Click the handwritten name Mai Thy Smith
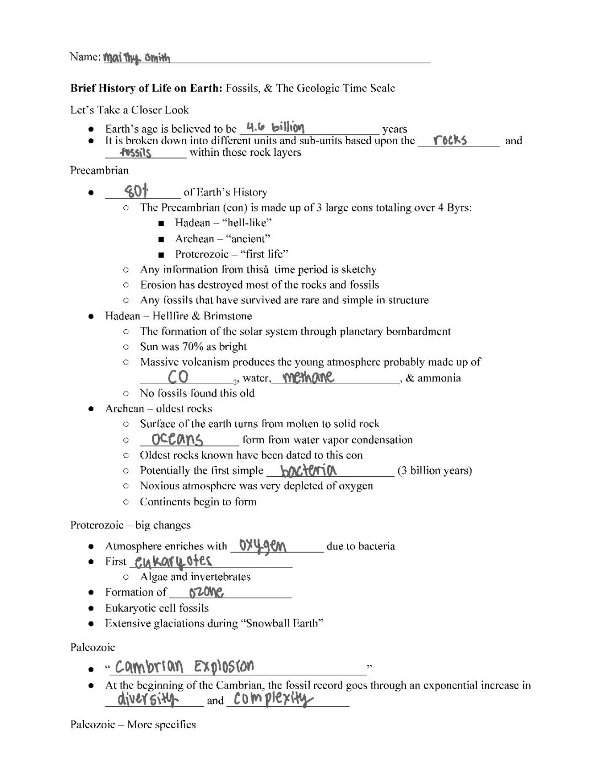(x=137, y=58)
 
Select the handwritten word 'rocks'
(x=450, y=140)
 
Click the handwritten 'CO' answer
(x=178, y=377)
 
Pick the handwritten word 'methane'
(x=308, y=377)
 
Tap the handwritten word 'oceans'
(x=177, y=439)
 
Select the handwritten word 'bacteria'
(x=309, y=471)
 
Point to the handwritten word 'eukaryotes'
(x=174, y=561)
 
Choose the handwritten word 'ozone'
(x=206, y=592)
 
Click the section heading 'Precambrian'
(x=99, y=170)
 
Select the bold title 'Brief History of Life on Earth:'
(x=147, y=88)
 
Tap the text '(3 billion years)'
(x=435, y=471)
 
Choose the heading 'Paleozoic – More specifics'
(x=133, y=724)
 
